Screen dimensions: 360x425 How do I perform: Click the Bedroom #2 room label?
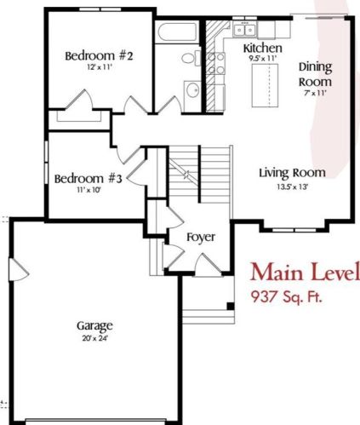(99, 55)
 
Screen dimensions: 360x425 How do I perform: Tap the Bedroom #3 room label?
(88, 179)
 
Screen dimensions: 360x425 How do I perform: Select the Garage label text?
(94, 326)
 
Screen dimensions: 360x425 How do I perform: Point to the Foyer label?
(201, 238)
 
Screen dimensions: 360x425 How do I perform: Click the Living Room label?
(292, 173)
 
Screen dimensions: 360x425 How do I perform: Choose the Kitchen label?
(263, 48)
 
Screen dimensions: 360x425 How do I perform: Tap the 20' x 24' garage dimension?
(95, 338)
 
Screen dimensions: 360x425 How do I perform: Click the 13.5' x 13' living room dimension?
(292, 187)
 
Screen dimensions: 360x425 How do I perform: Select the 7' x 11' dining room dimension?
(315, 93)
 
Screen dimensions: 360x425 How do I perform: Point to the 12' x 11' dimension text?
(100, 67)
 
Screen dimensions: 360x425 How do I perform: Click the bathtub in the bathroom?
(177, 32)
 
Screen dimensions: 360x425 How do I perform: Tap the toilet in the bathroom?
(191, 58)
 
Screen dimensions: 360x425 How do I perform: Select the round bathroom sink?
(193, 90)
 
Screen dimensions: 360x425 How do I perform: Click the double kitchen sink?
(244, 30)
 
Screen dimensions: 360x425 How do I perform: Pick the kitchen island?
(265, 85)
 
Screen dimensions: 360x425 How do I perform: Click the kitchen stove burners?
(215, 63)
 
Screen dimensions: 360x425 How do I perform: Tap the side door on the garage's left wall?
(19, 270)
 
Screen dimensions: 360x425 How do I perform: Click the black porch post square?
(231, 307)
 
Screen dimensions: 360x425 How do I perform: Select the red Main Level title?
(305, 273)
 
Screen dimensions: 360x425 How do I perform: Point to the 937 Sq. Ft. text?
(287, 297)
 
